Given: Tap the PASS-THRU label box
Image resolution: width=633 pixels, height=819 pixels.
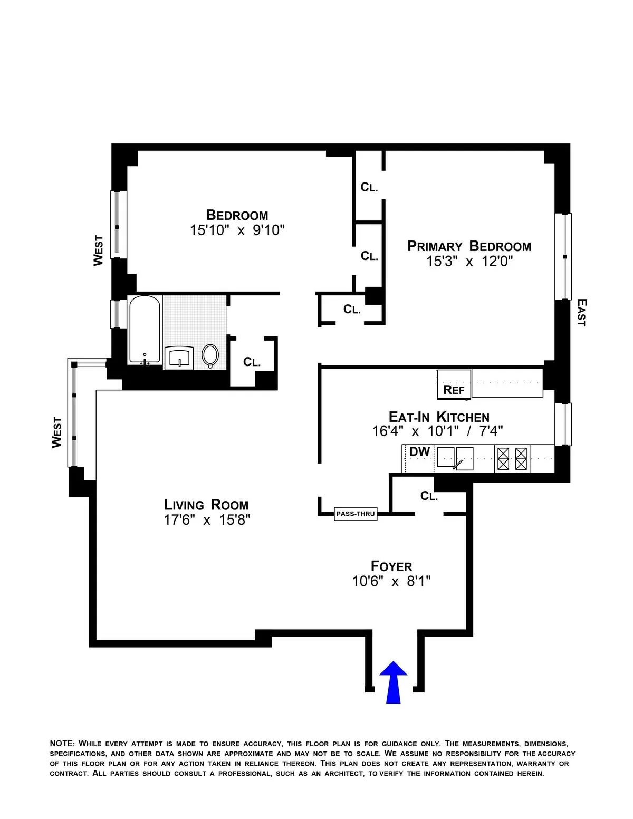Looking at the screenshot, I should click(x=356, y=514).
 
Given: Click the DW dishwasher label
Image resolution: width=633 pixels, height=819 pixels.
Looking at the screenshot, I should click(x=419, y=452).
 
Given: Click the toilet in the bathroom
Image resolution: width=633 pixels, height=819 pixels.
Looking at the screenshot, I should click(x=210, y=356).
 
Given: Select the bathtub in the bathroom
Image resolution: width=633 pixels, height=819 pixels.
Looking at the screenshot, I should click(x=145, y=330).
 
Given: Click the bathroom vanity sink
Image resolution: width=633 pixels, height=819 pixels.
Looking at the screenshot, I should click(x=179, y=358).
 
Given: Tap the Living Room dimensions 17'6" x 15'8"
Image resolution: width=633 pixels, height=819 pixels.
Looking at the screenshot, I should click(x=207, y=520).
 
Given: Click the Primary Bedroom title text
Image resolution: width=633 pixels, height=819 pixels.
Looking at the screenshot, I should click(x=469, y=246).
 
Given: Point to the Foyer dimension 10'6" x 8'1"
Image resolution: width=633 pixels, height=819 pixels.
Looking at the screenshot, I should click(x=391, y=581).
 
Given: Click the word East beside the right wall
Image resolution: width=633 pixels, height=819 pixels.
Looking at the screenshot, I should click(x=581, y=313).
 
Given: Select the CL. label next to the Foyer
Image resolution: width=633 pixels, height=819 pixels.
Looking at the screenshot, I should click(x=429, y=496).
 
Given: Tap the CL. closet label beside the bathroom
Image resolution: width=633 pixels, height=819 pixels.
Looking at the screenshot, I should click(x=252, y=362).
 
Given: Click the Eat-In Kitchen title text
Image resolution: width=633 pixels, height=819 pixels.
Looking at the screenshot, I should click(x=439, y=417).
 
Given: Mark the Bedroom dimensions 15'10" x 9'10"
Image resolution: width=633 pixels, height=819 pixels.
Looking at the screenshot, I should click(x=237, y=230).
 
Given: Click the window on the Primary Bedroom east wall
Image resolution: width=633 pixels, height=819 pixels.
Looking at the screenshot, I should click(x=564, y=257).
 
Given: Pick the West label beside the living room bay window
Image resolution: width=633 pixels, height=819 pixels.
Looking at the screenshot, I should click(x=57, y=432).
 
